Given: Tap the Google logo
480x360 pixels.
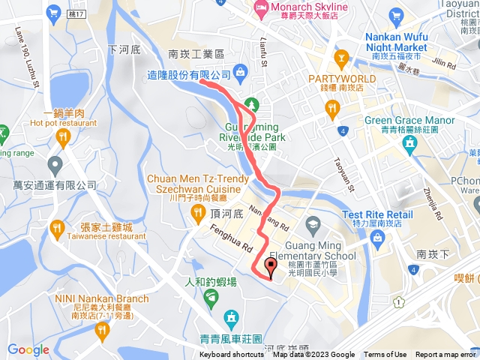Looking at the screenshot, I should coord(28,349).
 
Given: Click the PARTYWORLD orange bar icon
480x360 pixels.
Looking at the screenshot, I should coord(342,57).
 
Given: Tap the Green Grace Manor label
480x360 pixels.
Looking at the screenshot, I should coord(409,120).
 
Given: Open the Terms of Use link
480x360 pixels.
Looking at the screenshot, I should coord(385,355).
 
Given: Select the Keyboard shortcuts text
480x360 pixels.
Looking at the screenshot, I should coord(232,355).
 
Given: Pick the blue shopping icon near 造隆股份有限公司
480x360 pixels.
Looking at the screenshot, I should coord(240,72).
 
